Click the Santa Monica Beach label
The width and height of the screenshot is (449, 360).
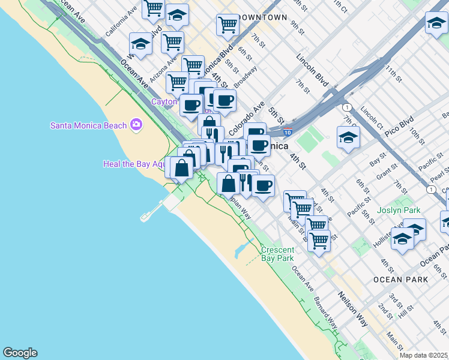tap(88, 125)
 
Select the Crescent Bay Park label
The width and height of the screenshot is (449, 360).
tap(277, 254)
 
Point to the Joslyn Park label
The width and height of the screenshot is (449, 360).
tap(399, 211)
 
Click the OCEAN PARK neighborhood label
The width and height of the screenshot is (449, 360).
tap(400, 280)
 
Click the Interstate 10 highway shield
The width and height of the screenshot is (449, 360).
tap(289, 133)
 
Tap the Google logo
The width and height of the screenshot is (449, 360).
tap(20, 353)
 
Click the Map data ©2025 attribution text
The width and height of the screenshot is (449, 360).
tap(423, 355)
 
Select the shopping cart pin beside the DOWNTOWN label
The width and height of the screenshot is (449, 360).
tap(228, 25)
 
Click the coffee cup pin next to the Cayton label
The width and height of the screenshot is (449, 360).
tap(191, 105)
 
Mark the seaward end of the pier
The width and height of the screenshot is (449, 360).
tap(145, 217)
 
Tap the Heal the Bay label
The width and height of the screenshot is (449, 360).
tap(133, 163)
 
